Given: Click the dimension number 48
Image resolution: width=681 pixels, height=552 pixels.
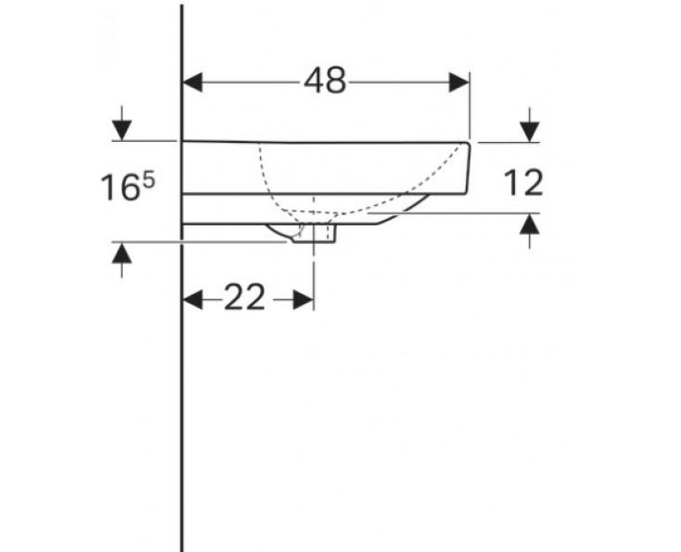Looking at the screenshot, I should point(325,82).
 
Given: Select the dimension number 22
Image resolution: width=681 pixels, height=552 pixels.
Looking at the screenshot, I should point(245,298).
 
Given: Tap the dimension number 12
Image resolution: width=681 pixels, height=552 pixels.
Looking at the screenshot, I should point(524,183).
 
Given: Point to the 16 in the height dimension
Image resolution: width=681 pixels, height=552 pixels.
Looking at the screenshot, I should point(119,188).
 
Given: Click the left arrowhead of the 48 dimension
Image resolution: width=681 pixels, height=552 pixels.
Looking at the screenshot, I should point(193,82).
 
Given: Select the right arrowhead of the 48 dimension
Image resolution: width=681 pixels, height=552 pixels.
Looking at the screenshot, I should point(459,82).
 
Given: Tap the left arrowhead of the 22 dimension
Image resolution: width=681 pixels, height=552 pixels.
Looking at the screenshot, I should point(193,299).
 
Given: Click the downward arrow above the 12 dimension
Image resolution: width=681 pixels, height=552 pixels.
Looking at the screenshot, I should point(529,131).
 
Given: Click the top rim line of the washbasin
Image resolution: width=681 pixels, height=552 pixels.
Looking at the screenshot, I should point(325,142).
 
